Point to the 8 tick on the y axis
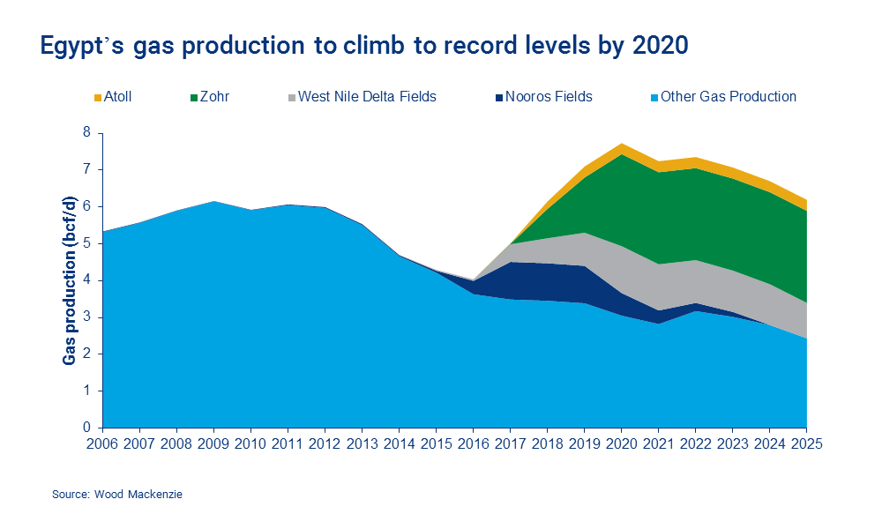click(87, 132)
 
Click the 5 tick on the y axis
click(87, 243)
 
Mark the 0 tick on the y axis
click(87, 428)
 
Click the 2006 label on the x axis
click(103, 444)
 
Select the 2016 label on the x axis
click(474, 444)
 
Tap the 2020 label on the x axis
click(622, 444)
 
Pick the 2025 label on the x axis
click(806, 444)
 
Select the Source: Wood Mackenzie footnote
click(116, 495)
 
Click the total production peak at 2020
click(622, 144)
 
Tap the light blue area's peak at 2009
click(214, 202)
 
